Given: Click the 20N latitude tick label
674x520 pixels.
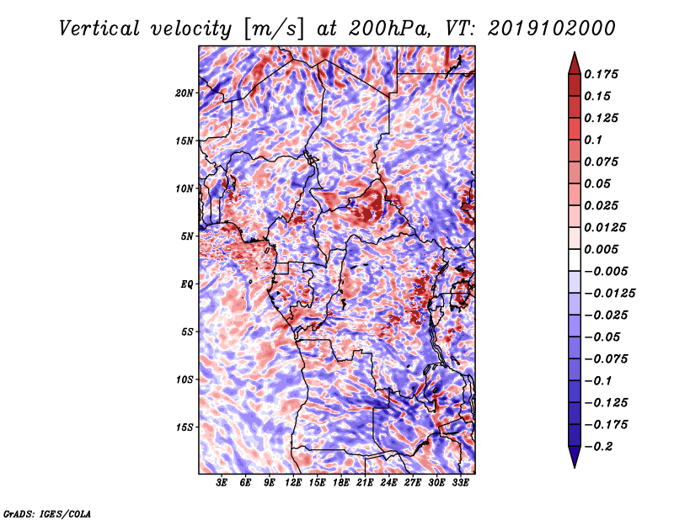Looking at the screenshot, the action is (185, 93).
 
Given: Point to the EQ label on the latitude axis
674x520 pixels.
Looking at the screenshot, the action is (187, 284).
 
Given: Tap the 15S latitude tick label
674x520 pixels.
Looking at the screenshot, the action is (185, 427).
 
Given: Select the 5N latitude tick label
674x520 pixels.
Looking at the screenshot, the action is (187, 236).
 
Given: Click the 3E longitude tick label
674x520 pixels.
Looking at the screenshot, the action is (222, 483).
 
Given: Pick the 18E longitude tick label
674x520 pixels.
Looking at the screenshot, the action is (341, 483).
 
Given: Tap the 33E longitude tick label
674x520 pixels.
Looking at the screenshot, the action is (460, 483).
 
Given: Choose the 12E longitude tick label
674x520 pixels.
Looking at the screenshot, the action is (293, 483).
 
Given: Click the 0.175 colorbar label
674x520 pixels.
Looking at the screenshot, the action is (602, 74).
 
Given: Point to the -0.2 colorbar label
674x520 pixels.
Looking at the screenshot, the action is (599, 447).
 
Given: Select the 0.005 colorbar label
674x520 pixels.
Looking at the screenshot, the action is (602, 249).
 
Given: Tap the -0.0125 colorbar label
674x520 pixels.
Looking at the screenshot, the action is (610, 294).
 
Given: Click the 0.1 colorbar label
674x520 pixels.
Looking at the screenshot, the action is (594, 140).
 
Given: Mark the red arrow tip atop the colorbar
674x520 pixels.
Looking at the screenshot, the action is (575, 52).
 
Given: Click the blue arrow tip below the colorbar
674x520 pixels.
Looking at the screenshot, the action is (575, 467).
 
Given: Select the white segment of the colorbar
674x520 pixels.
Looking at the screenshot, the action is (575, 260).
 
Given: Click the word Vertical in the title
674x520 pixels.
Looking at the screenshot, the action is (99, 29).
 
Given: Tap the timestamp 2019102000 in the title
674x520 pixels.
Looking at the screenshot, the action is (552, 29).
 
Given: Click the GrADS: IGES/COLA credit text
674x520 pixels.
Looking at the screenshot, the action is (47, 514).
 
